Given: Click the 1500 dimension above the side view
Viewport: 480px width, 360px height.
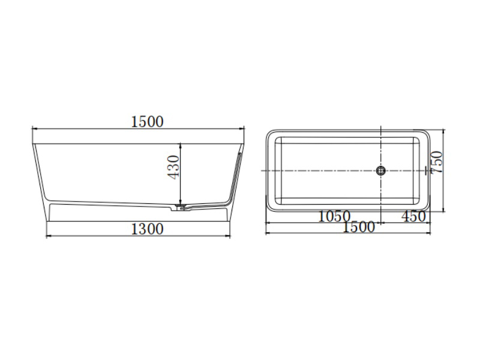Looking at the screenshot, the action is click(x=147, y=122).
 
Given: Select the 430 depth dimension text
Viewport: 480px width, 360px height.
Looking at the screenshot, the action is click(x=173, y=167).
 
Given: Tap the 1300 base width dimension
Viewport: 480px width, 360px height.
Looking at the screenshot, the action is click(x=147, y=229).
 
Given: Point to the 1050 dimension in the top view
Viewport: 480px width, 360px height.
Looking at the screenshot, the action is click(x=334, y=217).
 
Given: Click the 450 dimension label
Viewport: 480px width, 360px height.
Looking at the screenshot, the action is click(x=413, y=217).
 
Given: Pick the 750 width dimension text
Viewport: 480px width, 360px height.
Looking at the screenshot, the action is click(x=437, y=163).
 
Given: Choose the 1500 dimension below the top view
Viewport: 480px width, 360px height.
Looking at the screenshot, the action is click(x=358, y=227).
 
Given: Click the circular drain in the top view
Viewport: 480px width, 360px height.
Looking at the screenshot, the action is click(x=381, y=170).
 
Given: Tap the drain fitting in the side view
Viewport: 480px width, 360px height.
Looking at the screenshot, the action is click(x=179, y=208).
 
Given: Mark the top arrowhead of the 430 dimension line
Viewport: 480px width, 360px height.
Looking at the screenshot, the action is click(x=181, y=145).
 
